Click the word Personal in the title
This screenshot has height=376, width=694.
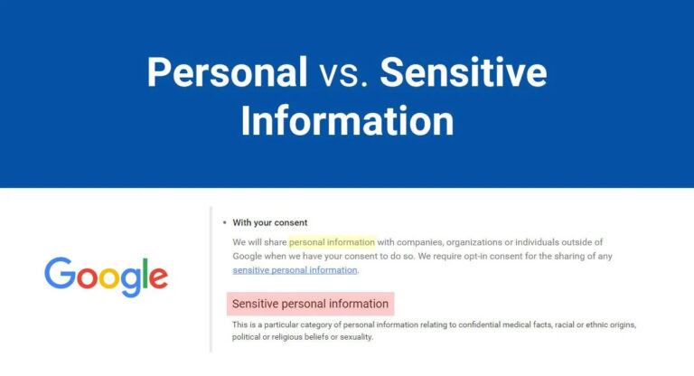pyautogui.click(x=227, y=72)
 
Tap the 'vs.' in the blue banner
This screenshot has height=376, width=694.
pyautogui.click(x=343, y=73)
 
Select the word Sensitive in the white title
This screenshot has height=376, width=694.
pyautogui.click(x=463, y=72)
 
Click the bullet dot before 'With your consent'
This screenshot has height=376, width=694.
pyautogui.click(x=224, y=222)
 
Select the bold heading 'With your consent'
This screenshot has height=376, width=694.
pyautogui.click(x=270, y=222)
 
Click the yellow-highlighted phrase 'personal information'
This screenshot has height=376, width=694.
pyautogui.click(x=332, y=242)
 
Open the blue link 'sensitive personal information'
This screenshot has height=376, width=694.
pyautogui.click(x=295, y=269)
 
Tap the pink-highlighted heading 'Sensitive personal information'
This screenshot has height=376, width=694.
pyautogui.click(x=310, y=304)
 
